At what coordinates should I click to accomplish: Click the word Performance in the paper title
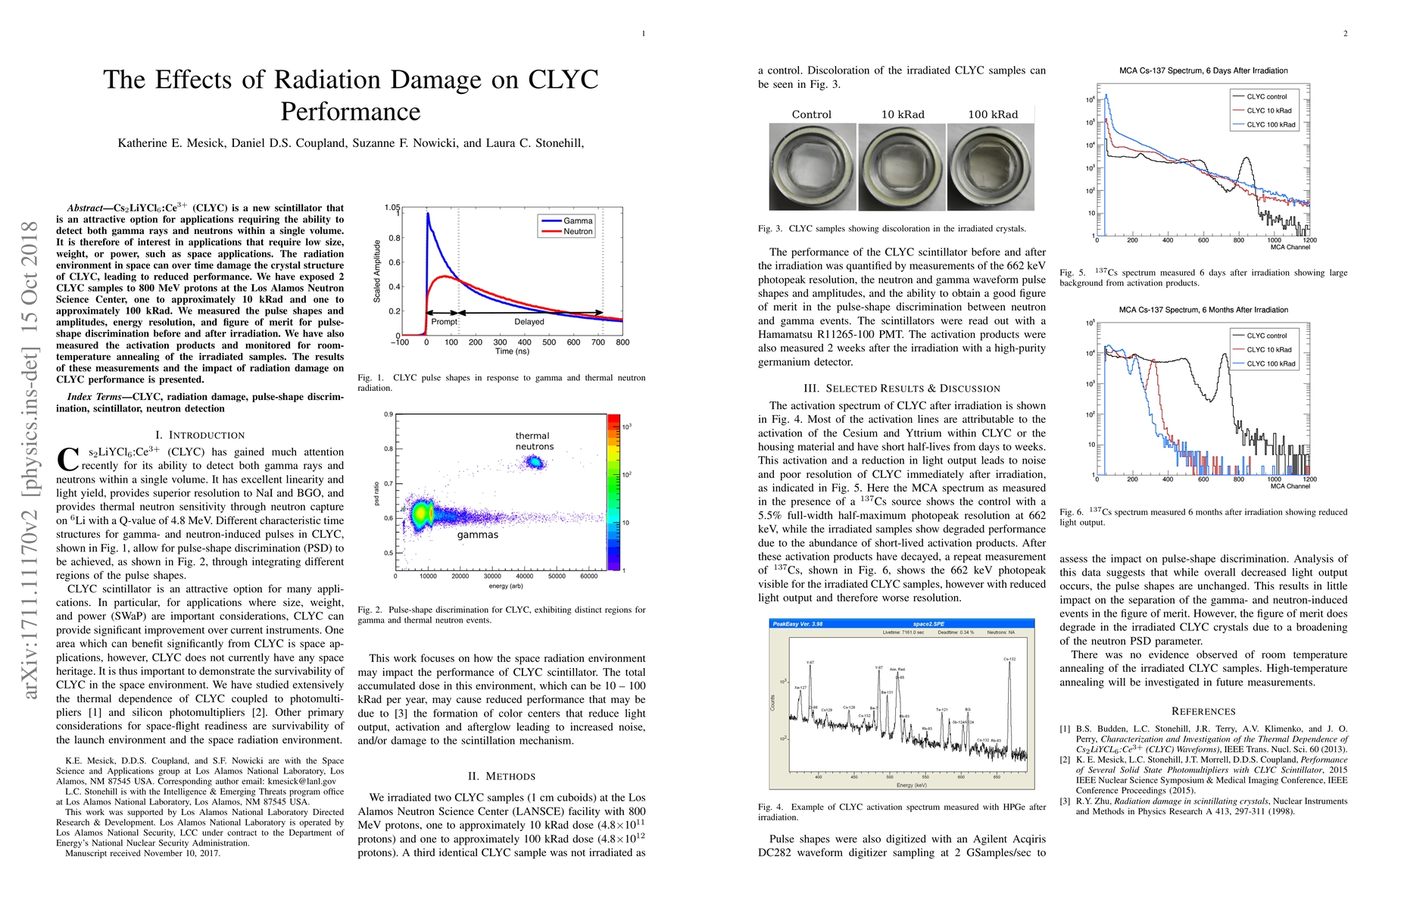(350, 111)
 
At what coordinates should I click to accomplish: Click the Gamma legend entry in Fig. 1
(577, 220)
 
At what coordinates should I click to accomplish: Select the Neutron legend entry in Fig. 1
(577, 232)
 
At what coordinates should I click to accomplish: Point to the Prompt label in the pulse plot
(444, 322)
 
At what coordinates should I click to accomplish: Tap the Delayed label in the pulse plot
(529, 322)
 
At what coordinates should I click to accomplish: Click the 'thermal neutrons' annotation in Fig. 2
(534, 441)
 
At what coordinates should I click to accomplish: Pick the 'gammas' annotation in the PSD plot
(477, 535)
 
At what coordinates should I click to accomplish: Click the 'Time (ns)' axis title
(513, 351)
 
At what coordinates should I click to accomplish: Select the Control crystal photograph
(813, 167)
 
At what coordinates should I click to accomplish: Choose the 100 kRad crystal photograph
(991, 167)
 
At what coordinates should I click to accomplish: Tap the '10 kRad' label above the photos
(903, 114)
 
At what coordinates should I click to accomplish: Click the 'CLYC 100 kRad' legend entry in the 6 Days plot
(1271, 124)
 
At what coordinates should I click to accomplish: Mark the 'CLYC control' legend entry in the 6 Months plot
(1266, 336)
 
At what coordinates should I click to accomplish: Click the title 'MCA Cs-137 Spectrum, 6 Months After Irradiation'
(1203, 310)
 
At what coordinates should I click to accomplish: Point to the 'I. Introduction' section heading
(200, 435)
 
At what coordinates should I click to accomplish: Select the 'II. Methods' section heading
(501, 776)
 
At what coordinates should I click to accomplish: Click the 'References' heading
(1203, 711)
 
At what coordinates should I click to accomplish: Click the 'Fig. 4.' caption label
(770, 807)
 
